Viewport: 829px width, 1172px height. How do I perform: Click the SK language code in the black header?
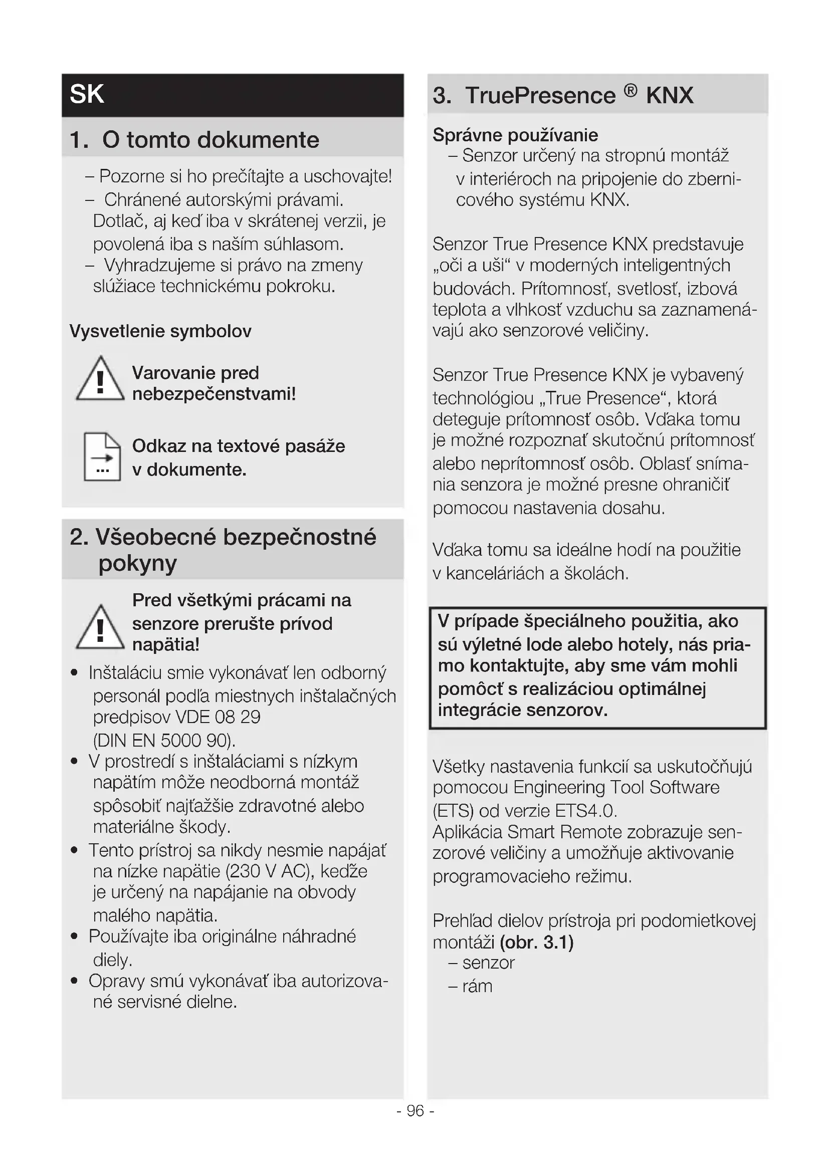tap(87, 94)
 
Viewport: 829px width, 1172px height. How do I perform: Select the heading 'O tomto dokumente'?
tap(211, 140)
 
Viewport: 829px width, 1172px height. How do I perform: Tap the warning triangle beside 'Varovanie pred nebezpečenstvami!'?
tap(100, 379)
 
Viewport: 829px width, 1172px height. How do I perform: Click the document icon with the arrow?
tap(102, 457)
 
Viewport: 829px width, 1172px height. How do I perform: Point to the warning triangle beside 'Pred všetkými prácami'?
tap(100, 628)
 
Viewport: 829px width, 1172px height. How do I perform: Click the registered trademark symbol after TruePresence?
tap(631, 91)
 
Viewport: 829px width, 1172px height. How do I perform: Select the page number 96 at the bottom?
tap(416, 1111)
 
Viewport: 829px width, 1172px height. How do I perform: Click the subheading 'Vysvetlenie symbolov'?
tap(160, 331)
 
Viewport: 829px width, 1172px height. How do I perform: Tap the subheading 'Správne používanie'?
tap(515, 135)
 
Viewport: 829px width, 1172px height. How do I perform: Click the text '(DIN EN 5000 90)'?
tap(164, 740)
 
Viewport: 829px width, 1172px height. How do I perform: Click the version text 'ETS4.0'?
tap(585, 811)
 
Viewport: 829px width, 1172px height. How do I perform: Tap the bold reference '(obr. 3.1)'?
tap(537, 942)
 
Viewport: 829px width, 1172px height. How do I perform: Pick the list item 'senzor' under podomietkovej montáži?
tap(489, 963)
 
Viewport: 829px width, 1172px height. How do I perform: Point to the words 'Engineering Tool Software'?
tap(616, 787)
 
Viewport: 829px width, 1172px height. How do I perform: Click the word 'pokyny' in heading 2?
tap(138, 564)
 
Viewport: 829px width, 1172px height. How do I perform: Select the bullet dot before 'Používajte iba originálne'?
tap(75, 936)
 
